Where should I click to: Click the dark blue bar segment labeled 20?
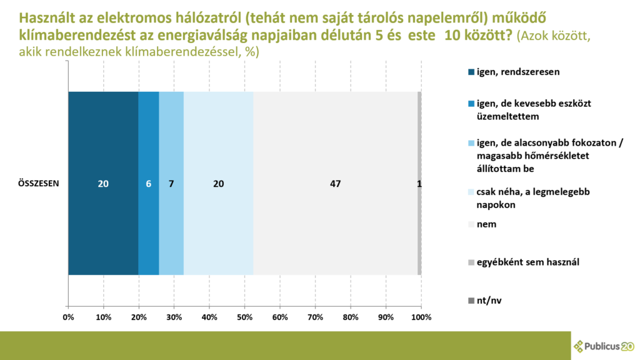(x=103, y=183)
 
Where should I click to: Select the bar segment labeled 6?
(x=149, y=183)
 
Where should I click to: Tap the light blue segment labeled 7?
(x=171, y=183)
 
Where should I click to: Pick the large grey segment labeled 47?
(x=335, y=183)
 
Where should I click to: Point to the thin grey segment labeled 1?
(x=419, y=183)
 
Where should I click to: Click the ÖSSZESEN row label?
(x=38, y=184)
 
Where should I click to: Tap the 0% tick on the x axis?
(x=68, y=317)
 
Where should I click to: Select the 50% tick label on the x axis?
(x=244, y=317)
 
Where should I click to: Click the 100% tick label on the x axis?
(x=421, y=317)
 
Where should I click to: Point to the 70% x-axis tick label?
(x=315, y=317)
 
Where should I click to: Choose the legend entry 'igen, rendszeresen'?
(x=514, y=72)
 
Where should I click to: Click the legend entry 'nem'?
(x=482, y=224)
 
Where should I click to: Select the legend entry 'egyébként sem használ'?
(x=524, y=262)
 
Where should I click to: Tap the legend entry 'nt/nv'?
(x=485, y=301)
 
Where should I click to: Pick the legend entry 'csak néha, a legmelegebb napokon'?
(x=529, y=198)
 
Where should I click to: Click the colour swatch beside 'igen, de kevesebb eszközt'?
(x=471, y=104)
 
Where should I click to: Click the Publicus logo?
(x=604, y=346)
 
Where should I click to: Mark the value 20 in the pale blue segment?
(x=218, y=184)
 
